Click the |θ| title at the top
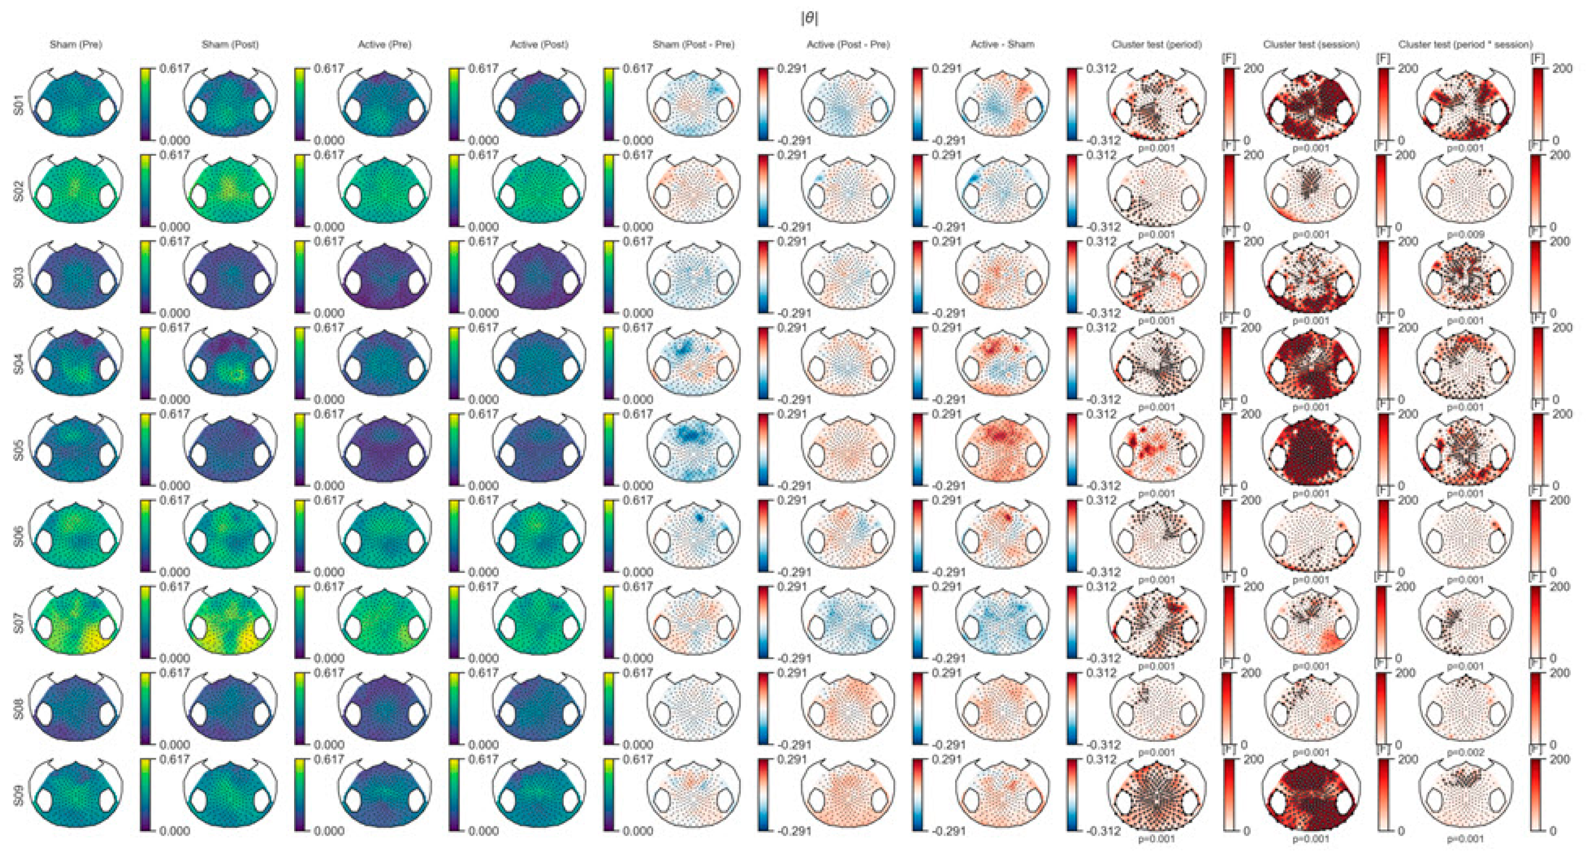809,19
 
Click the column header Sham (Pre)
76,44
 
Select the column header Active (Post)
539,44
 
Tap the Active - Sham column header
1002,44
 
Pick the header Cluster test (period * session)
1466,44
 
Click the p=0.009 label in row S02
1466,234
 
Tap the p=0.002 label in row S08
1466,753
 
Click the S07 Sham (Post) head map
230,622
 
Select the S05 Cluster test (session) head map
1311,449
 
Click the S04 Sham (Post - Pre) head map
693,363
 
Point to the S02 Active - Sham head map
1002,190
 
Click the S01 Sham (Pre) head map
76,103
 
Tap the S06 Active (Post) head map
539,535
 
